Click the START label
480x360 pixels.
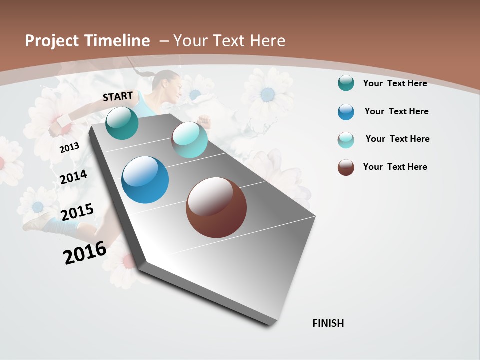pos(118,96)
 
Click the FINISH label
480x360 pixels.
pos(328,323)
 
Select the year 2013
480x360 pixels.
pos(70,148)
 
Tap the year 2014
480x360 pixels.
pos(73,177)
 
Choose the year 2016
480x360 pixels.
pos(85,252)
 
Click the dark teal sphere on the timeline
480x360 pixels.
pos(122,123)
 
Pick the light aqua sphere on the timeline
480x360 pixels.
pos(189,140)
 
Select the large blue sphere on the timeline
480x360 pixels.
pos(145,180)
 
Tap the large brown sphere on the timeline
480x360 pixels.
pos(216,207)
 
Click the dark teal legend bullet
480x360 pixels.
pos(346,83)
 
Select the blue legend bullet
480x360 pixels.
pos(346,112)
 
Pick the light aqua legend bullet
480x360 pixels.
pos(346,140)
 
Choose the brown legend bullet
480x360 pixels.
pos(346,167)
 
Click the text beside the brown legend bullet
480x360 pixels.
pos(395,167)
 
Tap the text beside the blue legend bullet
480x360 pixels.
pos(396,111)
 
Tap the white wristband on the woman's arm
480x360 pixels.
pos(64,120)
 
